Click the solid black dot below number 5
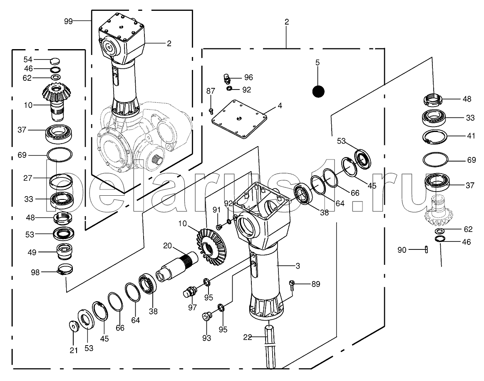click(318, 91)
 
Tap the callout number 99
click(68, 20)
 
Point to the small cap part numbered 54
click(55, 60)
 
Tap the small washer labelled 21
click(74, 326)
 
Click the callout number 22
click(247, 337)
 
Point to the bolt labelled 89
click(293, 284)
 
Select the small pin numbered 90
click(427, 249)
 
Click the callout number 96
click(248, 77)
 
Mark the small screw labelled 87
click(211, 111)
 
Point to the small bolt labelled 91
click(218, 227)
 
